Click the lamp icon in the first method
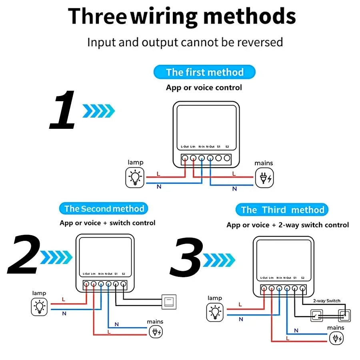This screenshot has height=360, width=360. point(135,178)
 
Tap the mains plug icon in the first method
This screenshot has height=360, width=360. point(265,178)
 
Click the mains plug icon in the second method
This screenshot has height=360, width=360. point(156,332)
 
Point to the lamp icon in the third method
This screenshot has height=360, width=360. point(216,312)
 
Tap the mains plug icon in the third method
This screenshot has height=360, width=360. point(336,338)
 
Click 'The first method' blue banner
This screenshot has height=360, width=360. point(204,72)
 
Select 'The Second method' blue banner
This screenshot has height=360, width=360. point(104,208)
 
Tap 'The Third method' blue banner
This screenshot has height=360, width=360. point(282,210)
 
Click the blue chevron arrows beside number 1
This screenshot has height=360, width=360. point(98,111)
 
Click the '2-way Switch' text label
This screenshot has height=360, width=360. point(327,301)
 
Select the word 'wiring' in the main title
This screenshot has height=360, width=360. point(164,16)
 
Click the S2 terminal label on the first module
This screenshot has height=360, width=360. point(227,146)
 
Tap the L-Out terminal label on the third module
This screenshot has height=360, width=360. point(264,278)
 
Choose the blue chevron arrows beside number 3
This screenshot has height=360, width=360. point(219,260)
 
